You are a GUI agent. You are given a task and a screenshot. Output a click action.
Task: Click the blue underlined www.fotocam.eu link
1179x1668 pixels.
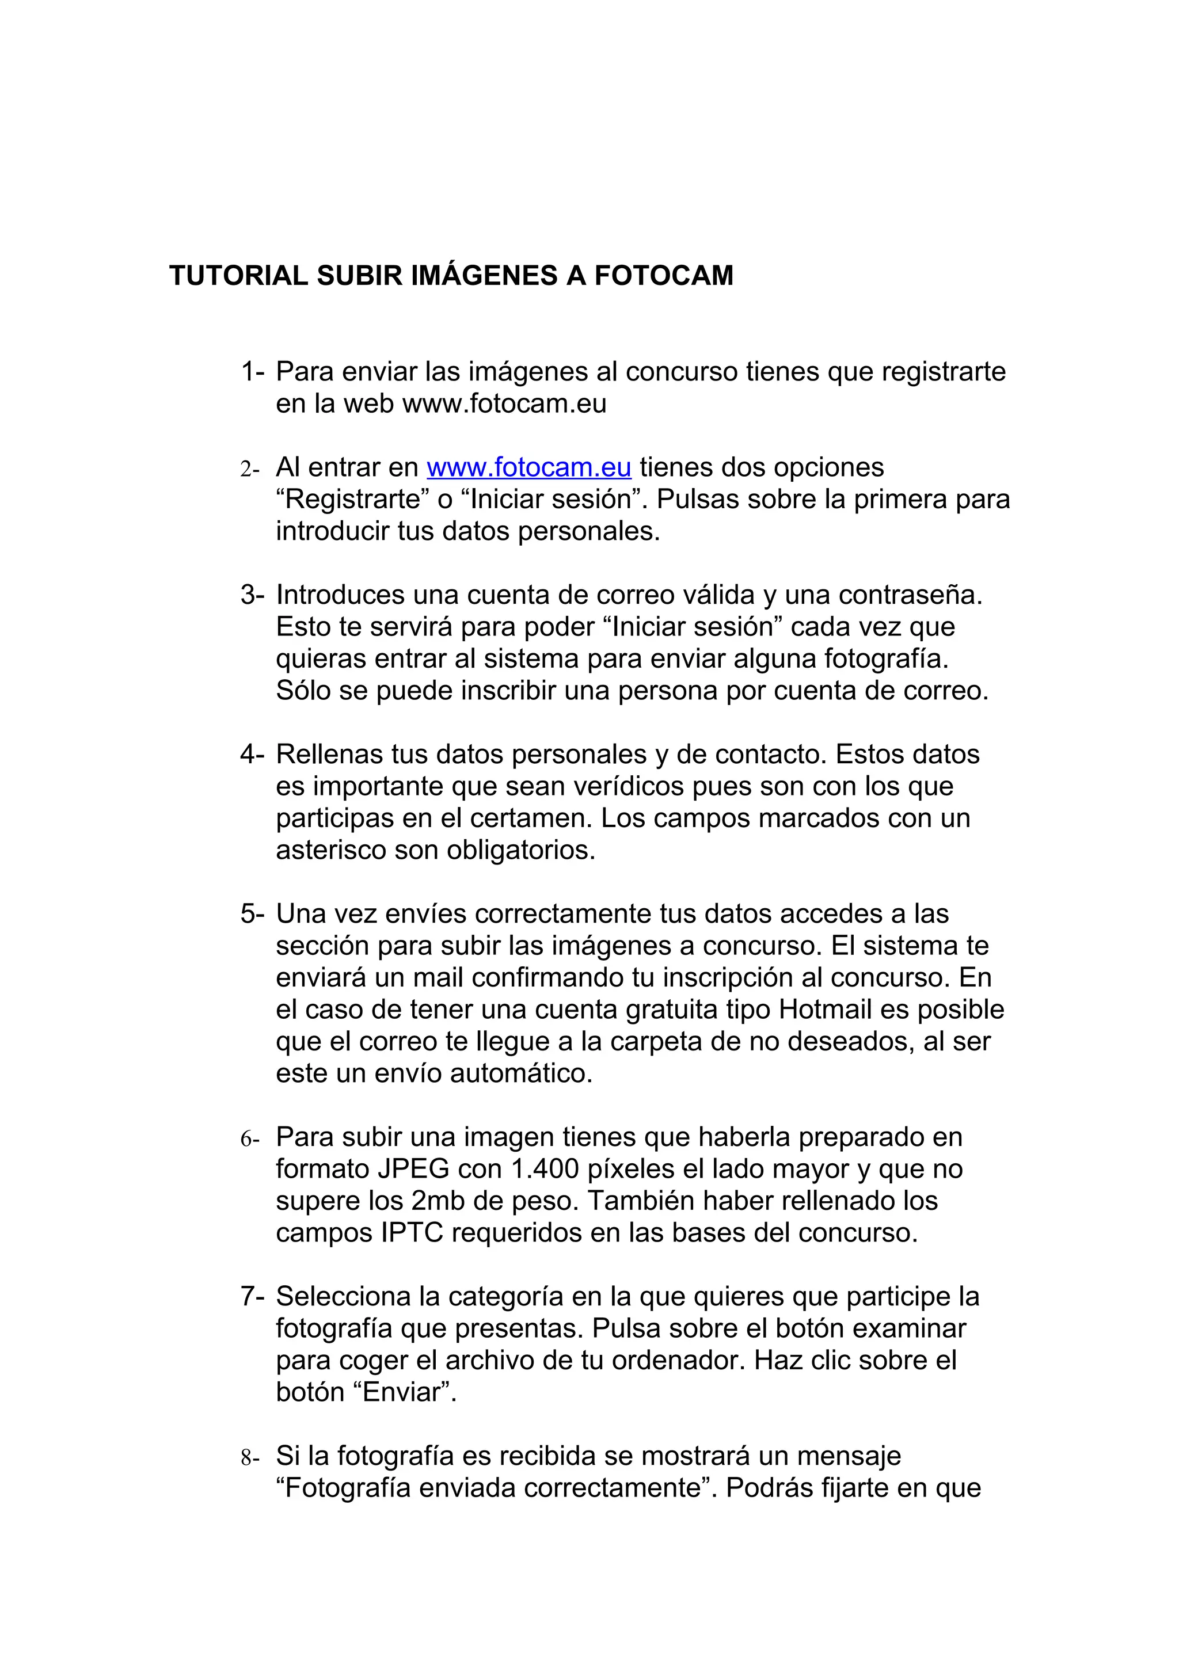[529, 467]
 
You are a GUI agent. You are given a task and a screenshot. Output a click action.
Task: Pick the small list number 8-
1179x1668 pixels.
[250, 1457]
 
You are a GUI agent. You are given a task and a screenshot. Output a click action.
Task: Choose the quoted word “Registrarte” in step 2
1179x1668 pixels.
[353, 500]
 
